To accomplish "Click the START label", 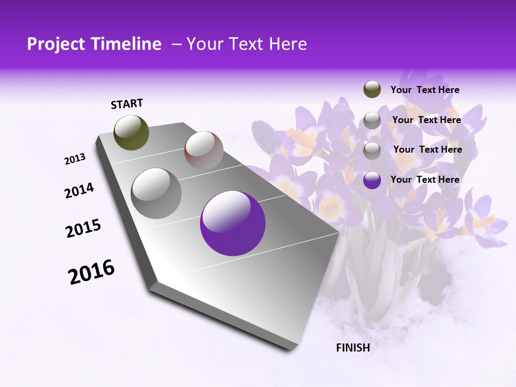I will [127, 104].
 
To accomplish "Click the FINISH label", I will [353, 347].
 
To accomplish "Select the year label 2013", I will [75, 159].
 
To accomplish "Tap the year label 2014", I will [80, 191].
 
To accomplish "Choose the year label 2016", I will [91, 272].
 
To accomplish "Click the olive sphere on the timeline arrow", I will [132, 132].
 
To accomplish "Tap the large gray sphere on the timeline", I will [156, 193].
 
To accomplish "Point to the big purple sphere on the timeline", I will [233, 223].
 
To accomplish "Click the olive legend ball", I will [372, 90].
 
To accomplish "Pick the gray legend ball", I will [372, 120].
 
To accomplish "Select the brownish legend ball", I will [372, 150].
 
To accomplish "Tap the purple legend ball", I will [372, 180].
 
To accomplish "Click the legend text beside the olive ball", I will [425, 90].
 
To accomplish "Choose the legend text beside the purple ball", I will [425, 180].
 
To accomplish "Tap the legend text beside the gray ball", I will [426, 120].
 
